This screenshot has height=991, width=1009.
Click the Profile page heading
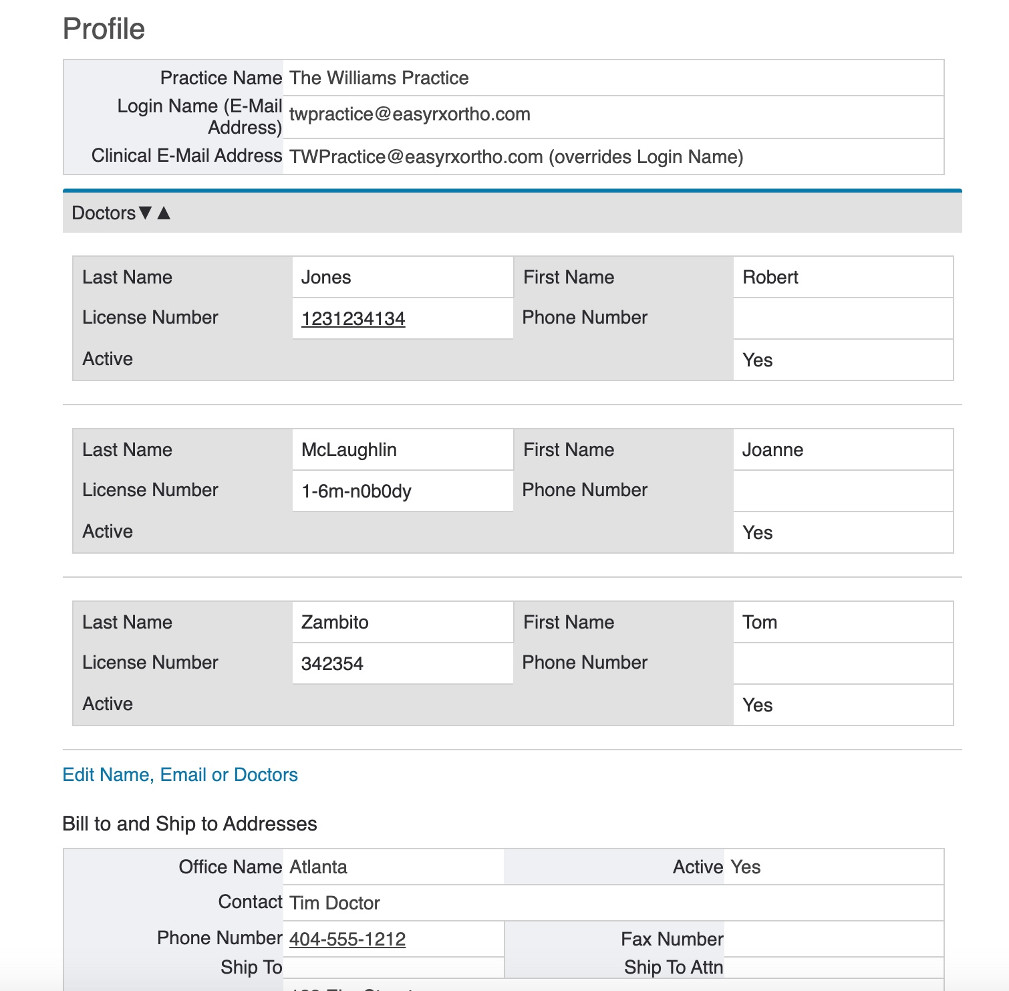pos(104,29)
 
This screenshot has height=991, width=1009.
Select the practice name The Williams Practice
pos(379,78)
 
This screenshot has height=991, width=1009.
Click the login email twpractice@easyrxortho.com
pos(410,114)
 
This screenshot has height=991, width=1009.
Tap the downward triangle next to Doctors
pos(145,213)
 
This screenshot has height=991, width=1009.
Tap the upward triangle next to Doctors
pos(164,213)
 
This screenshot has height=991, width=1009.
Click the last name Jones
pos(326,278)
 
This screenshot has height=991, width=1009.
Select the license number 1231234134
pos(353,319)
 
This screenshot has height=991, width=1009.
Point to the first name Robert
pos(770,278)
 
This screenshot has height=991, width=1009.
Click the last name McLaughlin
pos(349,450)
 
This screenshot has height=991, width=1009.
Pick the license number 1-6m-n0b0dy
pos(356,491)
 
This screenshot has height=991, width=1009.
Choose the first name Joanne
pos(772,450)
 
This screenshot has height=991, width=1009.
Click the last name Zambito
pos(335,623)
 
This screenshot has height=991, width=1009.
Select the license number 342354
pos(332,664)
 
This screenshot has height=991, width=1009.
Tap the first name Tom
pos(760,623)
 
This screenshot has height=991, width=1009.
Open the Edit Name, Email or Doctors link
pos(180,775)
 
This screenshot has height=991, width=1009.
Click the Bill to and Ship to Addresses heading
pos(190,824)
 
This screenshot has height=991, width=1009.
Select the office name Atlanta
pos(318,867)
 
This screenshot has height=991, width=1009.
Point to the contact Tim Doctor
pos(335,903)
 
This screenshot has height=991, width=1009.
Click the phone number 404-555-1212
pos(347,940)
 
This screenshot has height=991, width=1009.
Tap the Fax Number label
pos(672,940)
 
